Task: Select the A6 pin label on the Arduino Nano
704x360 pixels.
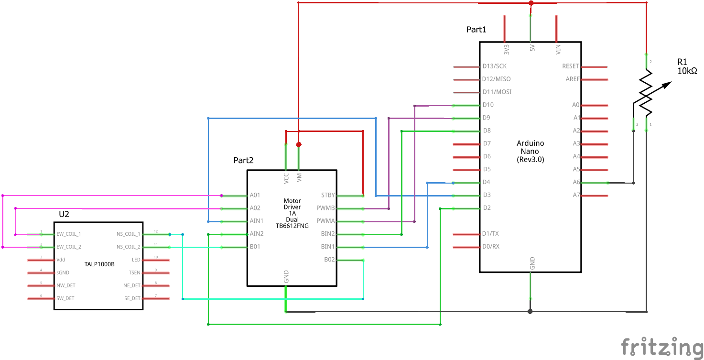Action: point(576,182)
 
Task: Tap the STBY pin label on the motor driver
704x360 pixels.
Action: point(328,195)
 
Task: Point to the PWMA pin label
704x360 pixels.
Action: point(325,221)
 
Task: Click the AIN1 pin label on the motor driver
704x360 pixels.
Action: point(257,221)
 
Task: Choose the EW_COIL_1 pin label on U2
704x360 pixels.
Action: point(69,234)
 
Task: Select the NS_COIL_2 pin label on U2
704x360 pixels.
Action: point(128,247)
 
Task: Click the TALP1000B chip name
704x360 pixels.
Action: point(99,263)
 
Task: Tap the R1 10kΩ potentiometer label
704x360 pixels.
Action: point(687,66)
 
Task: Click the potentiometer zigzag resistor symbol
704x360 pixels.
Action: point(646,93)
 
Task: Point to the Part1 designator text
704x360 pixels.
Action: point(476,30)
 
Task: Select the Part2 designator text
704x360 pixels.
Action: point(243,160)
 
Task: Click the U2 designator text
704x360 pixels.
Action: point(64,214)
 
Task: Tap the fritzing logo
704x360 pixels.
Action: point(661,347)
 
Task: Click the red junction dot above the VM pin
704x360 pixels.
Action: point(299,144)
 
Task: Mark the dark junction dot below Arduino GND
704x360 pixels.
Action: point(530,312)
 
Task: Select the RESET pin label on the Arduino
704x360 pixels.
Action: point(570,66)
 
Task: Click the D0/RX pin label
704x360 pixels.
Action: point(490,247)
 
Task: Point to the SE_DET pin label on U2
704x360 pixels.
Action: point(132,298)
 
